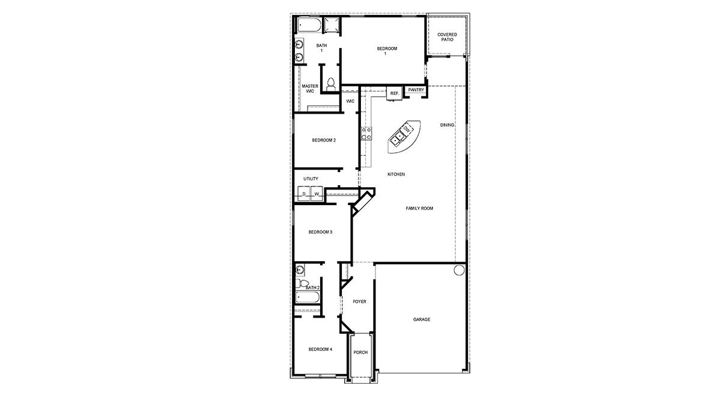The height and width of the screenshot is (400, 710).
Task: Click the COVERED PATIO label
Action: click(446, 37)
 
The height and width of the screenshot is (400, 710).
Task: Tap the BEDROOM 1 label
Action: click(387, 51)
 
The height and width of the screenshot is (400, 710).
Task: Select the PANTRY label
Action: click(416, 90)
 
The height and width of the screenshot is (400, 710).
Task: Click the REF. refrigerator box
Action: click(394, 94)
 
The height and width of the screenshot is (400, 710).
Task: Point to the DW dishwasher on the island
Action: click(407, 130)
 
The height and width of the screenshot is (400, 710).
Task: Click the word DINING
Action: click(447, 125)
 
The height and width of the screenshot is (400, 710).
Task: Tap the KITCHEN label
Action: click(396, 174)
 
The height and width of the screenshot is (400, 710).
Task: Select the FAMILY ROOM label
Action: click(419, 209)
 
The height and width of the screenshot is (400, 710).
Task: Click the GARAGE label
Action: click(421, 319)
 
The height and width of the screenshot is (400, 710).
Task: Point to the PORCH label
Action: click(360, 352)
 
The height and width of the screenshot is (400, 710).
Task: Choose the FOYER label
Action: click(359, 301)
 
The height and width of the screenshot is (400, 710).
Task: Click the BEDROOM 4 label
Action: click(320, 349)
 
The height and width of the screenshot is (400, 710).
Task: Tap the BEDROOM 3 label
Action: click(320, 232)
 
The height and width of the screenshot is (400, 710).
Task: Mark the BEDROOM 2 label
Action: click(324, 140)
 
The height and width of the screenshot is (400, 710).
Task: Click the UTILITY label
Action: click(311, 179)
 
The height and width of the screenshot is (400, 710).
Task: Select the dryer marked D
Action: click(304, 194)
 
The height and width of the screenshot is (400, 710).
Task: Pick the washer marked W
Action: click(316, 194)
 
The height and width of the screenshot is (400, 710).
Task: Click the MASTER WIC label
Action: click(310, 88)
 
